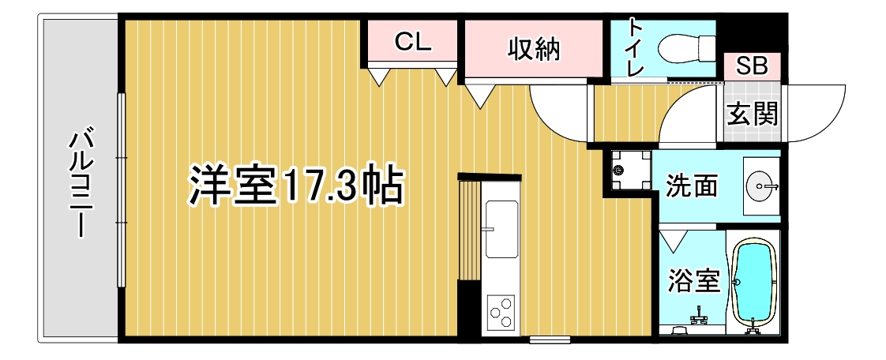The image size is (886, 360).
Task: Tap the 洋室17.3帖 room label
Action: [295, 185]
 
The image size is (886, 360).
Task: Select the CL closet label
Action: [412, 41]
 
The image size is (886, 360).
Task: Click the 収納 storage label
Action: [533, 49]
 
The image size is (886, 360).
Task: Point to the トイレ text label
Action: [636, 48]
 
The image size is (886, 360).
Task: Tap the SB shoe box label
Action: [752, 66]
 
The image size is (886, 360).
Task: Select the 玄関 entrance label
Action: [752, 114]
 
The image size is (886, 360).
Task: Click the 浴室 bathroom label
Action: [694, 281]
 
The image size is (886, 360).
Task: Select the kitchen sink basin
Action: [501, 230]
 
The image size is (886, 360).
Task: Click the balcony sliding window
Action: [120, 190]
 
